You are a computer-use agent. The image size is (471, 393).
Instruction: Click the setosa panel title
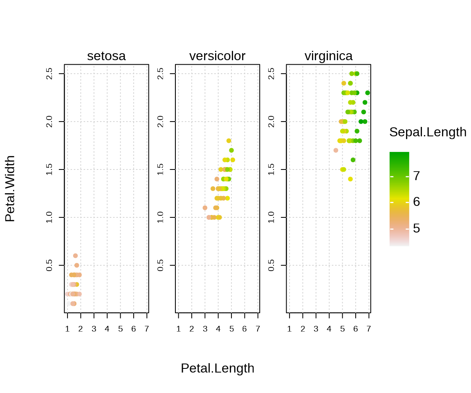click(x=106, y=56)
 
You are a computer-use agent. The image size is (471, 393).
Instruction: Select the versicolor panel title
click(x=217, y=56)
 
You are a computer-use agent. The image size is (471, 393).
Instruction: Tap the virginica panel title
click(x=328, y=56)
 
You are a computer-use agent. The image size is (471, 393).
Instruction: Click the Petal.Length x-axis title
click(x=218, y=368)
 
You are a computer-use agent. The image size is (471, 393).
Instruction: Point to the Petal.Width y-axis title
click(x=10, y=189)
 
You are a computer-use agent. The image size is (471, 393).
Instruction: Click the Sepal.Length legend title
click(x=428, y=132)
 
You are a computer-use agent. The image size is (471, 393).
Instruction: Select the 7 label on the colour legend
click(x=416, y=176)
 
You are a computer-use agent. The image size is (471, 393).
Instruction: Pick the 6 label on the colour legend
click(x=416, y=202)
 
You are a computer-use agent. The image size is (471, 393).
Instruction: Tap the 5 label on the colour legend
click(x=416, y=228)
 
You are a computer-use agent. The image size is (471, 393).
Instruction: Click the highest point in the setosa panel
click(x=75, y=255)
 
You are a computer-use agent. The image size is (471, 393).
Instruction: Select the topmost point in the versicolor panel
click(x=229, y=141)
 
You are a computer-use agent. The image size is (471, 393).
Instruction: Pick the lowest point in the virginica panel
click(x=350, y=179)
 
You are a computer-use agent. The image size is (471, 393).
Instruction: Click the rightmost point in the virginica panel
click(x=368, y=93)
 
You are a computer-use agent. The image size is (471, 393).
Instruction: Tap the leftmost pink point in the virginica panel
click(x=336, y=150)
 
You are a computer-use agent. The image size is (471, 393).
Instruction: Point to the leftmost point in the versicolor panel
click(x=205, y=208)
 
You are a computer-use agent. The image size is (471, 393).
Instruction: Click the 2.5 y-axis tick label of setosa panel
click(x=49, y=74)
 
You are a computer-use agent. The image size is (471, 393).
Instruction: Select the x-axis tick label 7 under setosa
click(x=147, y=329)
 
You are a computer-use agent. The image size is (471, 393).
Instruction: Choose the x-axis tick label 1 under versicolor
click(x=178, y=329)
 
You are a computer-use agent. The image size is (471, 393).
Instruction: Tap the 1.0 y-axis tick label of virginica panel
click(x=271, y=217)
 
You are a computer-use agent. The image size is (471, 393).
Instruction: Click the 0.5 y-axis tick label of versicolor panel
click(x=161, y=265)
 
